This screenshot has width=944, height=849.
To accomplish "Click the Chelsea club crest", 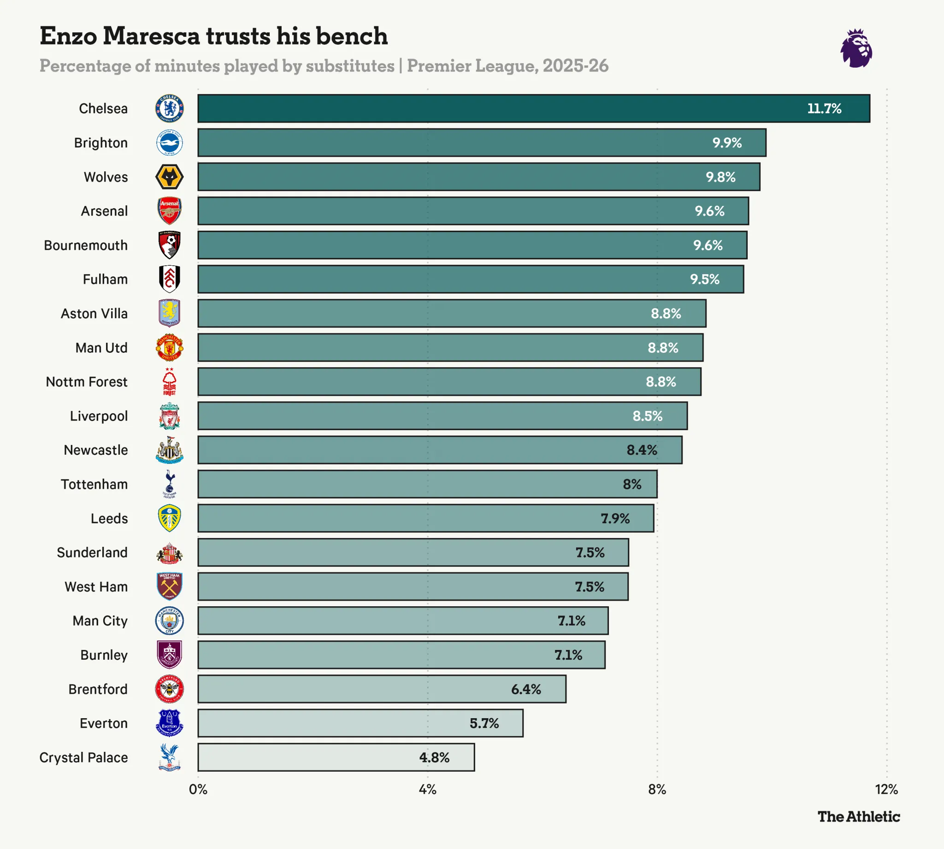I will [x=169, y=109].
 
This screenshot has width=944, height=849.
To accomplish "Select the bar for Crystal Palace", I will [x=336, y=757].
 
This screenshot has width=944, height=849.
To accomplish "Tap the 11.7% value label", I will [x=824, y=109].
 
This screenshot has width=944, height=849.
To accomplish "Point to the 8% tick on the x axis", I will [x=656, y=789].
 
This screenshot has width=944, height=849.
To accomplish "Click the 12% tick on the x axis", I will [x=885, y=789].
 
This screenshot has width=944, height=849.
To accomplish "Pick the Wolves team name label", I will [x=106, y=177].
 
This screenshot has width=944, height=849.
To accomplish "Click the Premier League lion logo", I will [x=856, y=48].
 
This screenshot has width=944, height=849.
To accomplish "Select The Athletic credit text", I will [x=858, y=816].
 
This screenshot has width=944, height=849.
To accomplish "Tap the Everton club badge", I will [x=169, y=723].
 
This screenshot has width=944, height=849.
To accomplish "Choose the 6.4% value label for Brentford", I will [x=525, y=689].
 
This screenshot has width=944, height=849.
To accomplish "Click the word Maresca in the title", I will [x=151, y=36].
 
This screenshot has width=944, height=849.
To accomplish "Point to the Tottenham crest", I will [x=169, y=484].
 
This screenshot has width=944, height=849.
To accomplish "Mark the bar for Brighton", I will [x=481, y=143].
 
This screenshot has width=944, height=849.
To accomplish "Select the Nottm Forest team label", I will [x=86, y=382].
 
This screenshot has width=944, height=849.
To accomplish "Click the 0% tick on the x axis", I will [x=198, y=789].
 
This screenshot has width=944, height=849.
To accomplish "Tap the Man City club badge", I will [x=169, y=621].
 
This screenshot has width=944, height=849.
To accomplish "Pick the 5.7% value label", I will [x=484, y=723].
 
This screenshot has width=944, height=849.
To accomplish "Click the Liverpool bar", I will [x=442, y=416].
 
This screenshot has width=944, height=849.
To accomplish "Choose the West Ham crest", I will [x=169, y=586].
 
